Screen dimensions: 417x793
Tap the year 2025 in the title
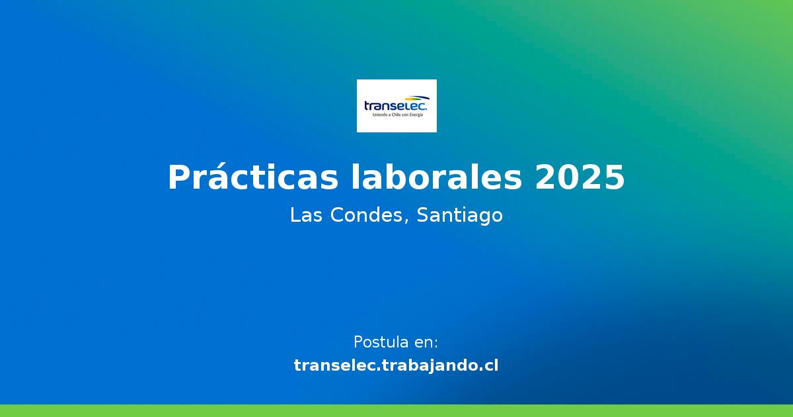[x=580, y=177]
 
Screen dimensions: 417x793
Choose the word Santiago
[x=460, y=216]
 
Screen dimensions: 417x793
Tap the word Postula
[x=381, y=342]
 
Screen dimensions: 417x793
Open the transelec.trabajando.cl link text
[x=397, y=365]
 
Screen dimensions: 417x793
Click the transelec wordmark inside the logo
[x=395, y=106]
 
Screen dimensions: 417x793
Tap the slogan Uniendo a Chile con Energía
[x=397, y=115]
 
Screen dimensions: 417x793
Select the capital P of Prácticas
[x=180, y=177]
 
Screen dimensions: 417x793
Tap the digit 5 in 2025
[x=615, y=177]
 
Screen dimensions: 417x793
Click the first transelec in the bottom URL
[x=336, y=365]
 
